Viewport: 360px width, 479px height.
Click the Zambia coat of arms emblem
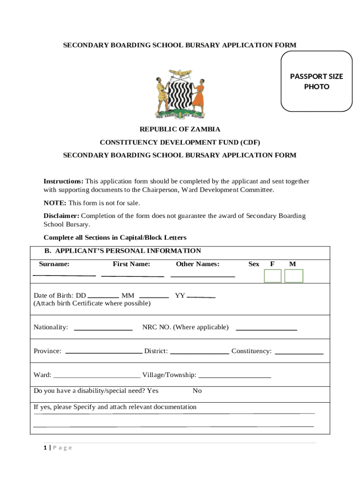click(x=180, y=94)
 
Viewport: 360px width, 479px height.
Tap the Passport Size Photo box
click(x=316, y=81)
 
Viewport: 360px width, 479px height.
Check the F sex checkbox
click(x=273, y=276)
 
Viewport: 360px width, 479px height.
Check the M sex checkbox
click(x=294, y=276)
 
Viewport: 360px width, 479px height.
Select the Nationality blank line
click(x=103, y=330)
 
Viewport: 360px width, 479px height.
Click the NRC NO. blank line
click(x=266, y=330)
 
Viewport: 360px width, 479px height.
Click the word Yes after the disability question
click(x=153, y=391)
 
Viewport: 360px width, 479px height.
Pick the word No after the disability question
click(x=197, y=391)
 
